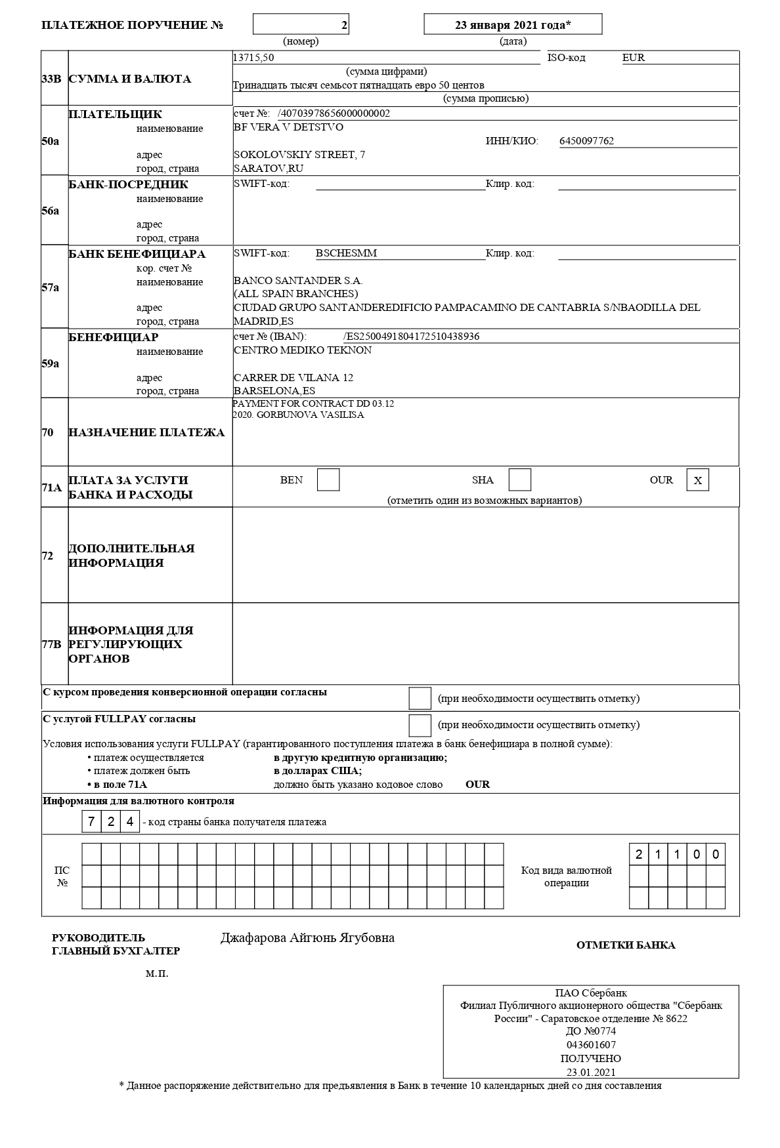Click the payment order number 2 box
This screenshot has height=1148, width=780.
tap(301, 25)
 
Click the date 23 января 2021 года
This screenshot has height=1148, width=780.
tap(513, 25)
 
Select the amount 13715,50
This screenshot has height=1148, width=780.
tap(253, 58)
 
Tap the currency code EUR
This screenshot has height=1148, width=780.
tap(634, 58)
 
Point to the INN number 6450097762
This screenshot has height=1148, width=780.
tap(586, 141)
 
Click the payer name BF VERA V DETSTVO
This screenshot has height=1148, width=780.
tap(288, 127)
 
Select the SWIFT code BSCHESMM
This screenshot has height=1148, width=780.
tap(346, 253)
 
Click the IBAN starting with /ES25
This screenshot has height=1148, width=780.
tap(411, 337)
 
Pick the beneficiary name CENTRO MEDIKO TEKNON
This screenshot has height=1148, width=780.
tap(303, 350)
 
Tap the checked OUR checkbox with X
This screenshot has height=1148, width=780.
tap(698, 480)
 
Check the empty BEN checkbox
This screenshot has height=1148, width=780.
tap(328, 480)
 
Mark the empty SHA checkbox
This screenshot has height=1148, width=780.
tap(520, 480)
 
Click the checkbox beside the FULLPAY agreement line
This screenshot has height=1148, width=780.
tap(420, 725)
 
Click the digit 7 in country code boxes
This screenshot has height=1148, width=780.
tap(92, 821)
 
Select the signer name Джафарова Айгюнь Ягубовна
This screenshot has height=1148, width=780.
tap(307, 938)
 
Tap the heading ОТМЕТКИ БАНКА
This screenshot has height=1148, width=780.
tap(626, 945)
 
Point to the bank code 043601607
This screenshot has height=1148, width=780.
tap(591, 1045)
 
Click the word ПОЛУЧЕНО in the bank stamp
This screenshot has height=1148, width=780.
tap(591, 1059)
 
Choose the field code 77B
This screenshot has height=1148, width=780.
tap(52, 644)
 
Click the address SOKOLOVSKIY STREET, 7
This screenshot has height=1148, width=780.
tap(299, 155)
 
